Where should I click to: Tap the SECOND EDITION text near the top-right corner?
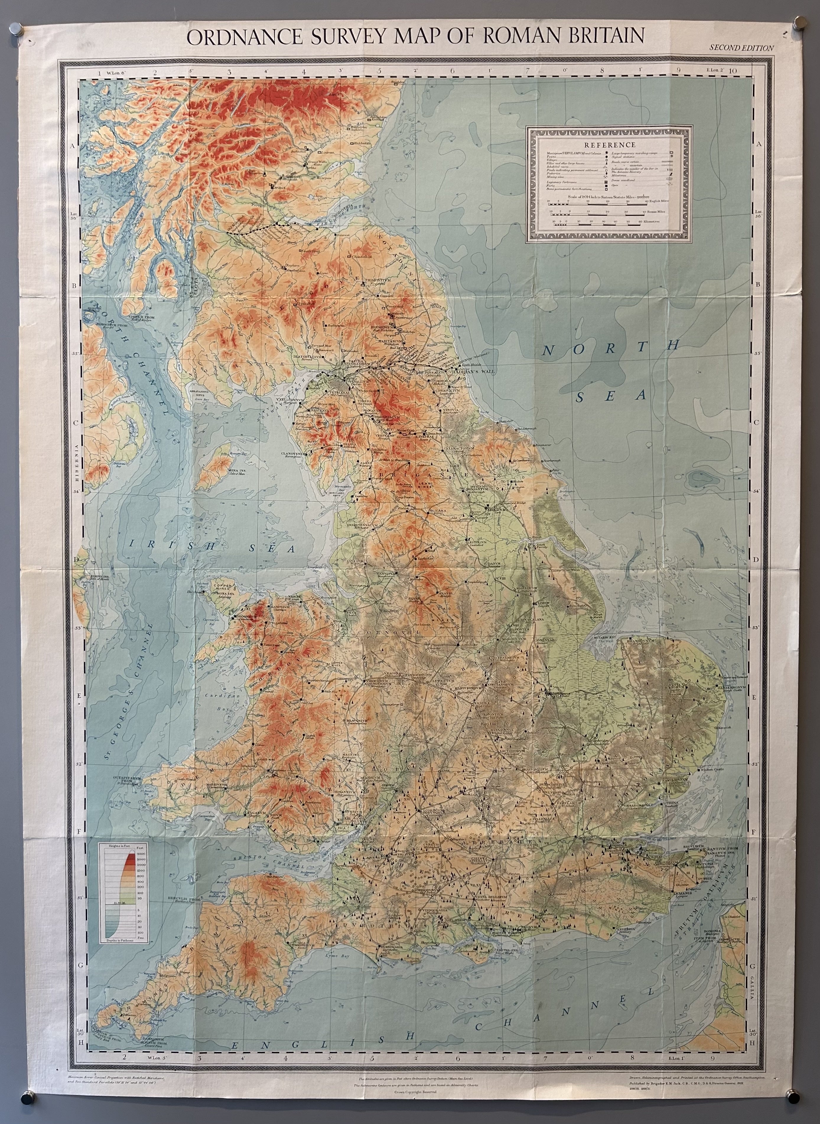coord(741,48)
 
